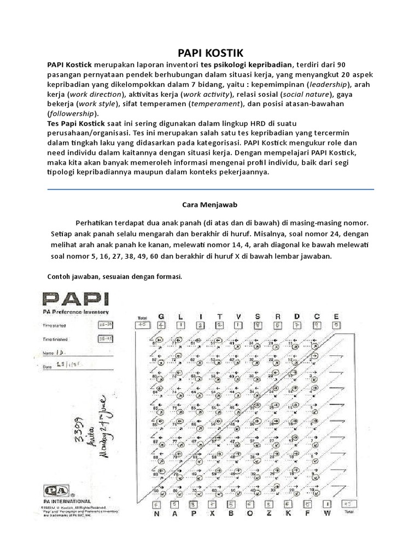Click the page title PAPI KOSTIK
click(209, 52)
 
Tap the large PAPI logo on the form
click(75, 300)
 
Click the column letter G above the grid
click(161, 317)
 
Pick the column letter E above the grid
click(336, 317)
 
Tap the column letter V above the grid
click(238, 317)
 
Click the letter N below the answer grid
click(156, 514)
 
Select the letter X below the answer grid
click(212, 514)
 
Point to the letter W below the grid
click(328, 514)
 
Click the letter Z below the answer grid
click(270, 514)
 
